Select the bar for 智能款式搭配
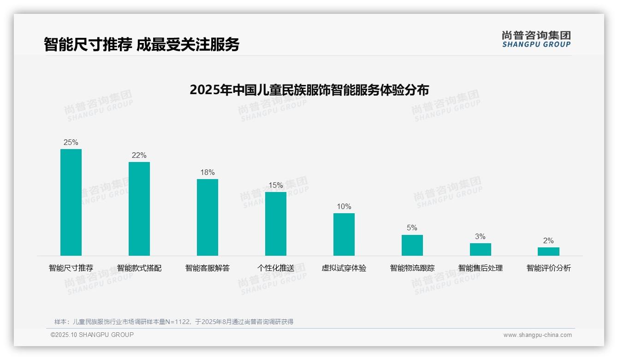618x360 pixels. point(139,209)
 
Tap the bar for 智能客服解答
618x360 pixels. point(208,217)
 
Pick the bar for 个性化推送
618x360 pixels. point(276,224)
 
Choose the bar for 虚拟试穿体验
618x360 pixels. point(344,234)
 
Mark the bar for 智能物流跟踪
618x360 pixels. point(412,245)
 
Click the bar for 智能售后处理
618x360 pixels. point(481,249)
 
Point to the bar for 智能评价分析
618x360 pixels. point(548,252)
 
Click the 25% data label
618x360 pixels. point(71,143)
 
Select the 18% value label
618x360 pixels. point(208,173)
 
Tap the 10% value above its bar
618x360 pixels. point(344,207)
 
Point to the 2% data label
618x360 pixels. point(548,241)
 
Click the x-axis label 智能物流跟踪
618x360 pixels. point(412,268)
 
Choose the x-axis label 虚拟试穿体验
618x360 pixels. point(344,268)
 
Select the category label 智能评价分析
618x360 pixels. point(549,268)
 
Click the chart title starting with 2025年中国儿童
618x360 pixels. point(309,90)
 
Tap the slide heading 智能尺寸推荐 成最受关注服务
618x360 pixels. point(142,44)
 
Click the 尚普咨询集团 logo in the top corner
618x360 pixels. point(536,39)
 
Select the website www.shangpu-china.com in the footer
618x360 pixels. point(537,335)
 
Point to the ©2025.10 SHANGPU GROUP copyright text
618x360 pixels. point(92,335)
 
